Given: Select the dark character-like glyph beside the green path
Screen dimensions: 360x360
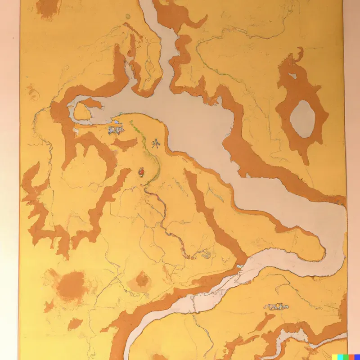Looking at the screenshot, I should [156, 144].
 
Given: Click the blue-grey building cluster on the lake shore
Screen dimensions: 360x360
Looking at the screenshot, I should [115, 131].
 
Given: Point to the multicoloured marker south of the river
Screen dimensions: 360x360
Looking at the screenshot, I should [275, 306].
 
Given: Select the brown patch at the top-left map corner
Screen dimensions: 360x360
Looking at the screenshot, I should [48, 8].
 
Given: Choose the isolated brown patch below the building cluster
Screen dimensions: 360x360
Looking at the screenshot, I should [124, 144].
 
